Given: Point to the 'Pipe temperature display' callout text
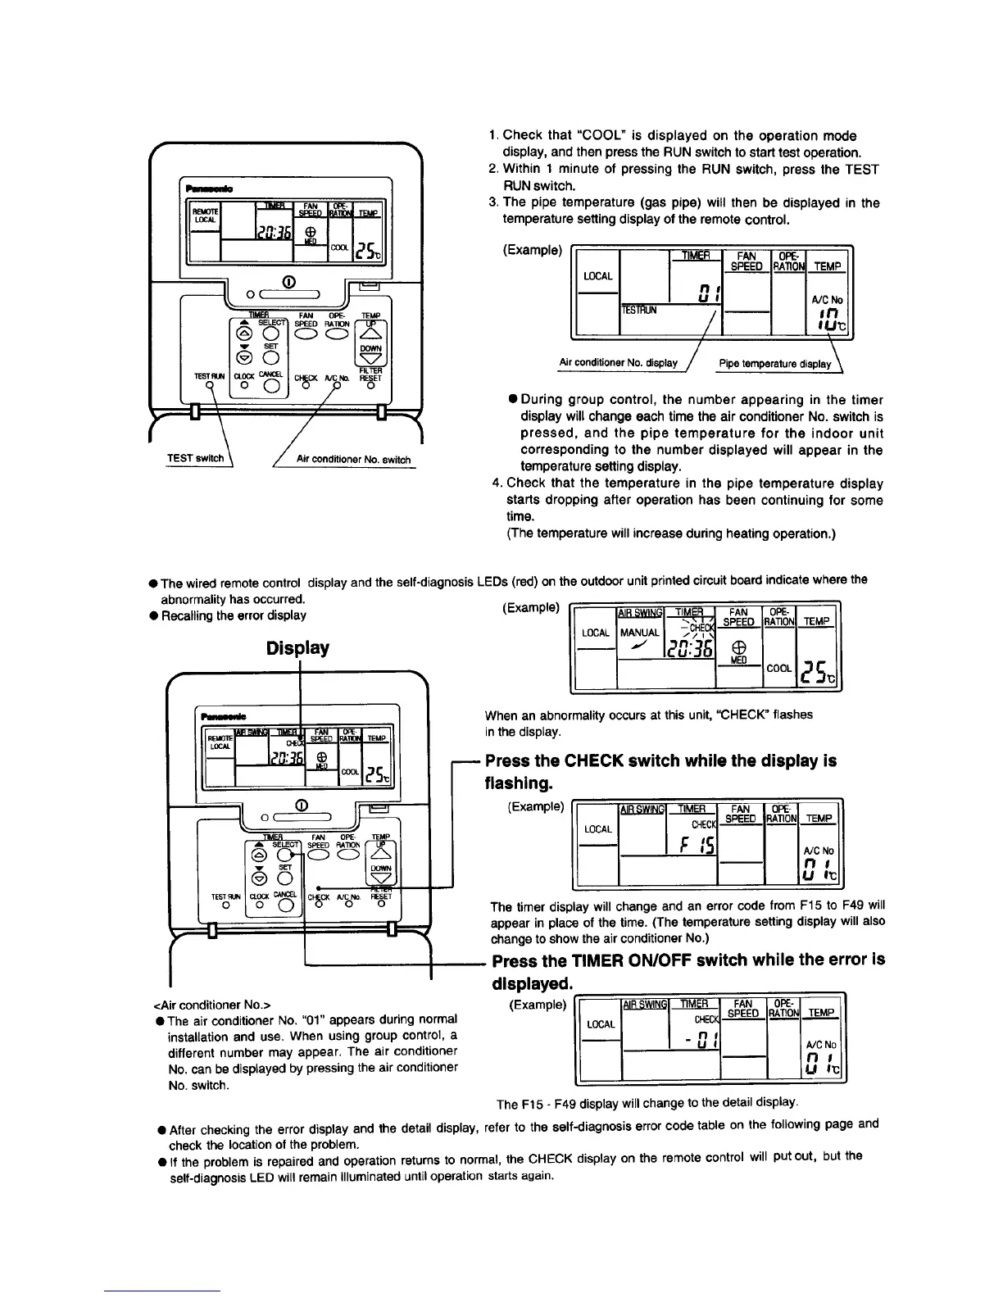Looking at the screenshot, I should click(x=774, y=364).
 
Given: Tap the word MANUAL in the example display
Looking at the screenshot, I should click(x=639, y=633).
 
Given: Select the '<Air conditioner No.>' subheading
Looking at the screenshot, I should click(x=212, y=1004).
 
